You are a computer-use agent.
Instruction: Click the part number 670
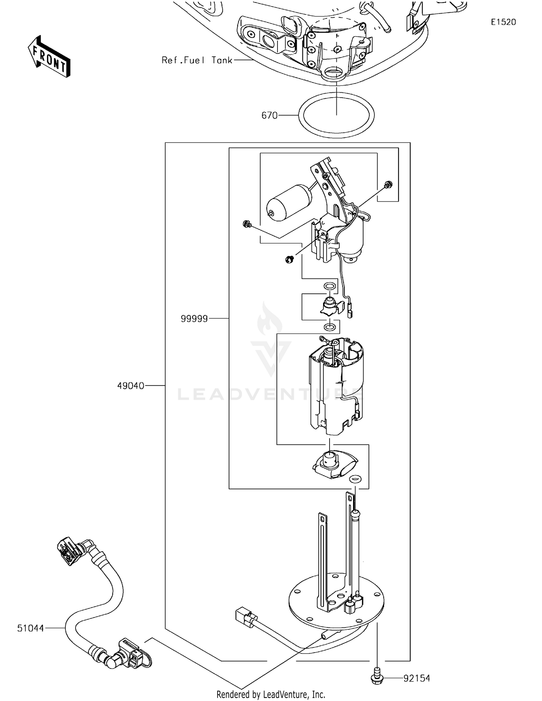(269, 115)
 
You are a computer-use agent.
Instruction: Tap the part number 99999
(194, 319)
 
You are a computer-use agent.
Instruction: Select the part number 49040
(130, 386)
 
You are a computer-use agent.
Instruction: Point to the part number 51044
(30, 628)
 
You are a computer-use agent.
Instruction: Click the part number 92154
(417, 678)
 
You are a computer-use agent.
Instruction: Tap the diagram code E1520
(503, 22)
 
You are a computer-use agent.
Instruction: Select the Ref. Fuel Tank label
(197, 60)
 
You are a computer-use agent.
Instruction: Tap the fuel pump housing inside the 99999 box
(336, 387)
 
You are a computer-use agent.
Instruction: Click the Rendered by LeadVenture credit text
(271, 694)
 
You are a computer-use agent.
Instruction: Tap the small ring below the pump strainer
(355, 479)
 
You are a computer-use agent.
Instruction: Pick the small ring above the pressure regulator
(329, 286)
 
